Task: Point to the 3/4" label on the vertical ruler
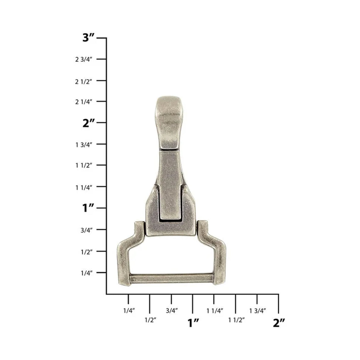tap(87, 230)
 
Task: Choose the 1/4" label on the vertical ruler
tap(87, 273)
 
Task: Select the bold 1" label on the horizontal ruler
tap(193, 323)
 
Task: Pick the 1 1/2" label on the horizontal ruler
tap(236, 320)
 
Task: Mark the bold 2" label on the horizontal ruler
tap(279, 323)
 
